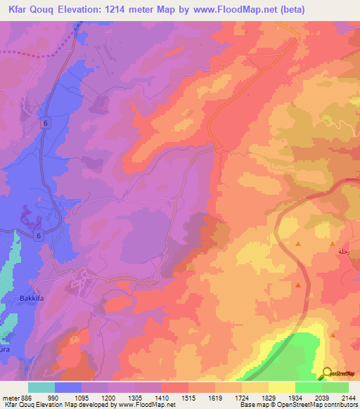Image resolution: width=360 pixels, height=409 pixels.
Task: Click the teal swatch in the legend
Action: pyautogui.click(x=41, y=387)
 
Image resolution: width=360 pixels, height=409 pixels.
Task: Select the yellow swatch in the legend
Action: pyautogui.click(x=282, y=387)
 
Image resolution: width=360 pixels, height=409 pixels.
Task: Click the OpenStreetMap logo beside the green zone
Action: pyautogui.click(x=336, y=373)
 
